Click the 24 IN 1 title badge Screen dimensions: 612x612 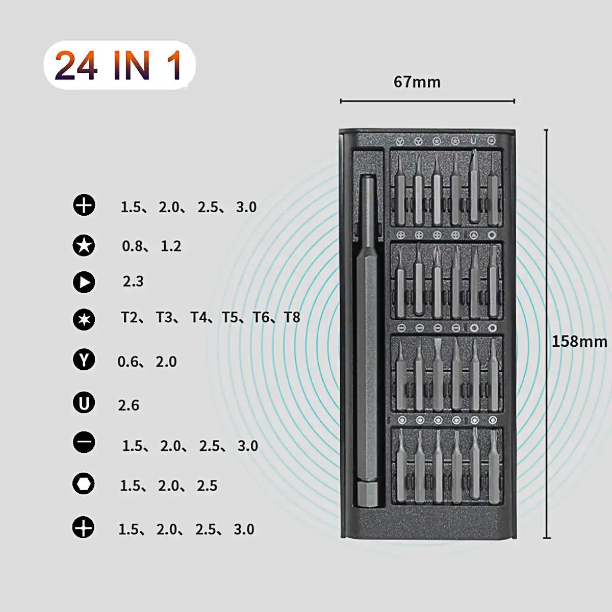pos(119,65)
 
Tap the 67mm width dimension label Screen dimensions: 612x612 pos(417,82)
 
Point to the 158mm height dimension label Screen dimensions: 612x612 pos(579,341)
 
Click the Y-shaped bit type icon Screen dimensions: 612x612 pos(84,360)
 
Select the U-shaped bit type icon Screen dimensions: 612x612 pos(84,403)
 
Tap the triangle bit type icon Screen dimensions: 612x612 pos(84,282)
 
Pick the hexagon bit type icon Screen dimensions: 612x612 pos(84,483)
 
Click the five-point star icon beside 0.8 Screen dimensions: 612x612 pos(84,245)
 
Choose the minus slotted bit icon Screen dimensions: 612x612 pos(84,442)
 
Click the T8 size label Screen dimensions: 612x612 pos(292,318)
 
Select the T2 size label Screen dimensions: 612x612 pos(130,318)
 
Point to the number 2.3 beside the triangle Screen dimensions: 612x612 pos(133,282)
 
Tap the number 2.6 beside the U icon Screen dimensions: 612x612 pos(129,405)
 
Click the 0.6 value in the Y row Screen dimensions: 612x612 pos(127,362)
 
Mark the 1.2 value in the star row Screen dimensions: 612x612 pos(171,246)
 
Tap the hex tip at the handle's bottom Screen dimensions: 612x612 pos(367,495)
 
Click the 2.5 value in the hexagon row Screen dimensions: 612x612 pos(207,486)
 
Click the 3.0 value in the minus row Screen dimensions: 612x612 pos(248,446)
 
